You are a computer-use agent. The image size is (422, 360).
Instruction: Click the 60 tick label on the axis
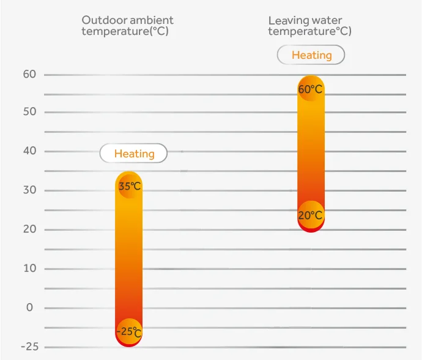[x=30, y=75]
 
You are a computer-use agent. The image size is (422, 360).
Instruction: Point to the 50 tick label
[x=30, y=112]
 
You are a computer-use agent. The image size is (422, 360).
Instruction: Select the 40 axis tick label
[x=30, y=151]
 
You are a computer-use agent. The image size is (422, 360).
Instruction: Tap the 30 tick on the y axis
[x=30, y=190]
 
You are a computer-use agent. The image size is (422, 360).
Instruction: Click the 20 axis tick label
[x=30, y=230]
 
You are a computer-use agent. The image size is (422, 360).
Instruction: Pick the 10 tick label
[x=30, y=269]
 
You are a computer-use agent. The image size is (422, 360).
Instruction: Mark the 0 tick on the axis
[x=30, y=308]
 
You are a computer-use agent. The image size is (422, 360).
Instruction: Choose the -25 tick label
[x=29, y=347]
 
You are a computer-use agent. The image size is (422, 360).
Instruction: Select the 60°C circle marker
[x=311, y=89]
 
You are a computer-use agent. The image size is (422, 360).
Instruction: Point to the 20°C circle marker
[x=311, y=215]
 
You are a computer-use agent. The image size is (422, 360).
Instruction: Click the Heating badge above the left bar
[x=133, y=153]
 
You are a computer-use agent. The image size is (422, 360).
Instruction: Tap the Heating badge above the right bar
[x=311, y=55]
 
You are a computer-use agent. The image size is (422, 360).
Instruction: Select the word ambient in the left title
[x=152, y=20]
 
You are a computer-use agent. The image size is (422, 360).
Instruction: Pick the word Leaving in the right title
[x=289, y=21]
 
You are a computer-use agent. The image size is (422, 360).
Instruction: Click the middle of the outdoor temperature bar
[x=129, y=260]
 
